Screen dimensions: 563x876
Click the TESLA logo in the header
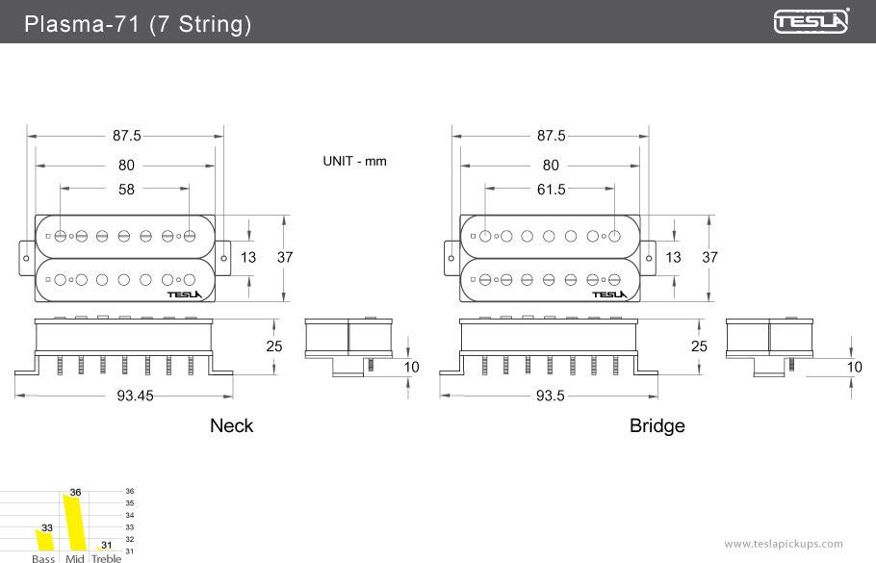[x=812, y=21]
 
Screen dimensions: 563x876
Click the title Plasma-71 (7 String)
[x=138, y=24]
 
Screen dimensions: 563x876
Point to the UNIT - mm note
[x=354, y=161]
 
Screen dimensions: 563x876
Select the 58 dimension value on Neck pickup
[x=127, y=190]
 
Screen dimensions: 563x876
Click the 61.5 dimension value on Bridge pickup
[x=551, y=190]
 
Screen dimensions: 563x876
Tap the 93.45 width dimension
[x=125, y=395]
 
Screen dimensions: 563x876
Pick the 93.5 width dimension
[x=550, y=395]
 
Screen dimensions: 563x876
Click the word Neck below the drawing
[x=231, y=425]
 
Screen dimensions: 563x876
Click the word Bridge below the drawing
[x=657, y=425]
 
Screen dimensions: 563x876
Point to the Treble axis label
[x=107, y=558]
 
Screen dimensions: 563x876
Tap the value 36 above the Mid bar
[x=75, y=493]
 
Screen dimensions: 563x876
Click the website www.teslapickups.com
[x=783, y=544]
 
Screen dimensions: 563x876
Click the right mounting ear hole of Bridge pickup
[x=650, y=257]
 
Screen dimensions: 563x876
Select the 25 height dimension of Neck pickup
[x=274, y=346]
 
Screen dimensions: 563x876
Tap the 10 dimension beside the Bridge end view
[x=854, y=367]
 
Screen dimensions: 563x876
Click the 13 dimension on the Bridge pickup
[x=673, y=257]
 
